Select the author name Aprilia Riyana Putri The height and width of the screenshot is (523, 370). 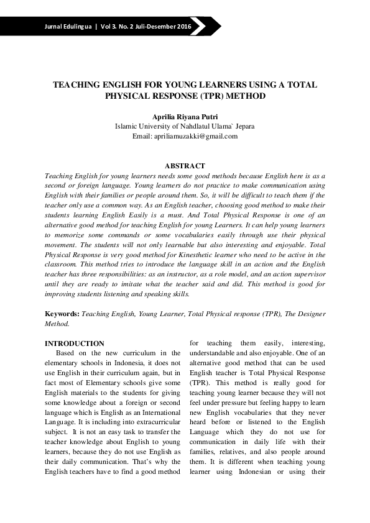(x=185, y=116)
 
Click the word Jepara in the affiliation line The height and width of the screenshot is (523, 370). (x=243, y=126)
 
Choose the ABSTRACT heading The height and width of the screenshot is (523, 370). (x=185, y=166)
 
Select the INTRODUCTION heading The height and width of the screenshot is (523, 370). (x=75, y=343)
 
